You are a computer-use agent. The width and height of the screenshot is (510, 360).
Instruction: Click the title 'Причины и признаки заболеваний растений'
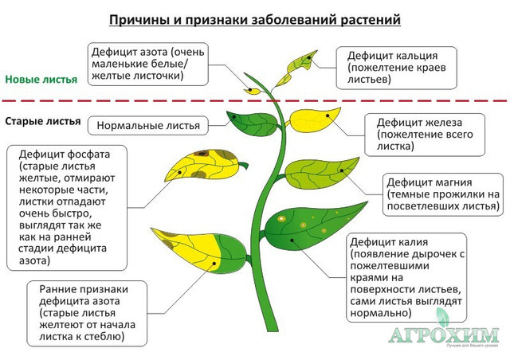click(x=255, y=19)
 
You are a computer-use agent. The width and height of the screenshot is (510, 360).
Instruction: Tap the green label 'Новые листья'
click(x=41, y=80)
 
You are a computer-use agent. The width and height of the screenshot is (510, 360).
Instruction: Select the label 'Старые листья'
click(x=43, y=121)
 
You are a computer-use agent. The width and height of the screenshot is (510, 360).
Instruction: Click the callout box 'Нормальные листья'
click(x=148, y=126)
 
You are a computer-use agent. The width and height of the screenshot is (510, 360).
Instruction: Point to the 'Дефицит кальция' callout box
click(x=397, y=68)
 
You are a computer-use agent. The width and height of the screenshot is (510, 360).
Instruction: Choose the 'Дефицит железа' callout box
click(x=425, y=135)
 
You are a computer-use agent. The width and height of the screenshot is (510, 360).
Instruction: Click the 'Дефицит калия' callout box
click(x=406, y=277)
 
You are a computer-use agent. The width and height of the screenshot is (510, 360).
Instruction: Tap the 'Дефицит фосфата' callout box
click(x=67, y=208)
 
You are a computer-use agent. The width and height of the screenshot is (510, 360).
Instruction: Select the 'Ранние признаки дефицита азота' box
click(x=87, y=313)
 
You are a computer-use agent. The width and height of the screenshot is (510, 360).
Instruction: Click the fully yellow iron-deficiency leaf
click(x=314, y=119)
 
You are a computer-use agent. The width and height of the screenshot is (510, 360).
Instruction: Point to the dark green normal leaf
click(x=253, y=123)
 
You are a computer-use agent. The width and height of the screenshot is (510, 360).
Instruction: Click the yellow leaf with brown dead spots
click(x=205, y=165)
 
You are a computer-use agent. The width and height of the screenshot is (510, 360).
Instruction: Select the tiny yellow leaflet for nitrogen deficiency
click(x=252, y=92)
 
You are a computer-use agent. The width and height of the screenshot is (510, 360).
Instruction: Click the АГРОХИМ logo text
click(x=444, y=335)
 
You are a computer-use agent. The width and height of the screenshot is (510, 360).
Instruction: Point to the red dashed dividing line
click(x=255, y=101)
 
